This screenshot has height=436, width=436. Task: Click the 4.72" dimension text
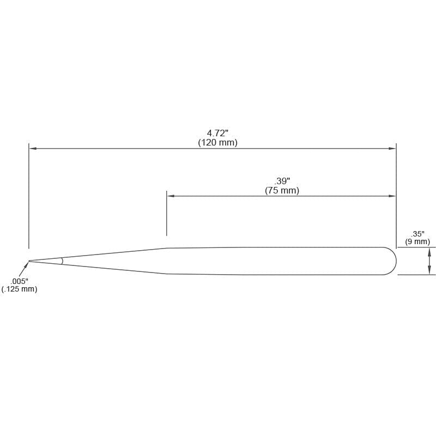tap(217, 133)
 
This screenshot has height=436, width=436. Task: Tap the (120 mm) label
tap(217, 143)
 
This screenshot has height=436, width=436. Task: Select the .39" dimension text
tap(282, 181)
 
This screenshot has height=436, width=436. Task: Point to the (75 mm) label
tap(282, 190)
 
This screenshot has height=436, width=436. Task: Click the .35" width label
tap(417, 234)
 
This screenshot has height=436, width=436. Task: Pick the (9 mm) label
tap(417, 241)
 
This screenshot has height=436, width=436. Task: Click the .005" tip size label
tap(20, 281)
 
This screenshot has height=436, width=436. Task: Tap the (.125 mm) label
tap(19, 289)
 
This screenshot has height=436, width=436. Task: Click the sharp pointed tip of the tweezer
tap(29, 261)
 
